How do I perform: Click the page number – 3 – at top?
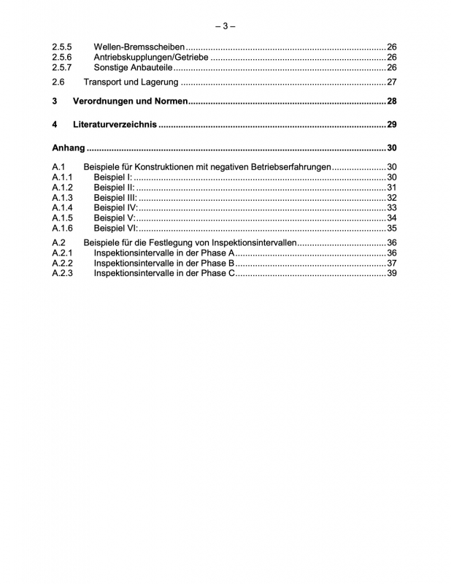click(x=225, y=26)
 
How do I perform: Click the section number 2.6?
click(x=58, y=82)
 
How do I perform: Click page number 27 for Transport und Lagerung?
click(x=391, y=82)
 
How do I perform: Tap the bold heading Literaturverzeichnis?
click(x=115, y=124)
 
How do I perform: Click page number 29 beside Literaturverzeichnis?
click(x=391, y=124)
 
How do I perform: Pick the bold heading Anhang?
click(x=69, y=148)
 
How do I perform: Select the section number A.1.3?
click(x=62, y=198)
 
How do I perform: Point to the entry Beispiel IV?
click(x=115, y=208)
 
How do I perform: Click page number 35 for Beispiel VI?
click(x=391, y=228)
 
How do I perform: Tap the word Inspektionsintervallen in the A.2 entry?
click(x=253, y=243)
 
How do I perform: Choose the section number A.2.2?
click(x=62, y=264)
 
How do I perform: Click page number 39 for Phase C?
click(x=391, y=274)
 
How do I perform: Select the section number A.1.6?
click(x=62, y=228)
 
